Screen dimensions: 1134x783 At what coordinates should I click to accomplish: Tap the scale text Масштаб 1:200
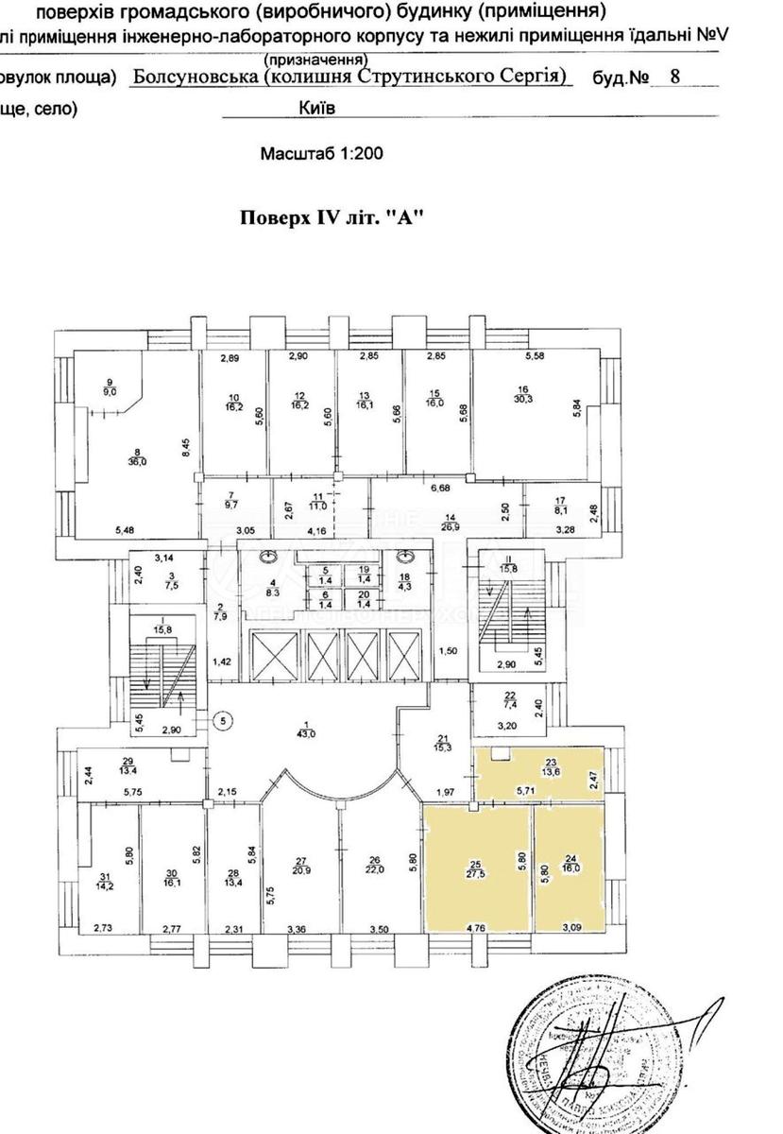[322, 151]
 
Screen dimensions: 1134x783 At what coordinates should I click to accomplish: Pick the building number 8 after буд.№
[673, 77]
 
